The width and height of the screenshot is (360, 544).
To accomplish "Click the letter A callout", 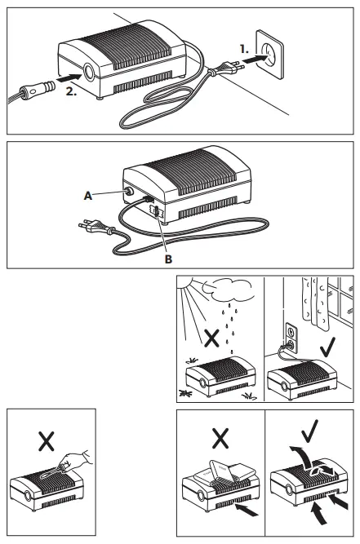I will (x=87, y=195).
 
